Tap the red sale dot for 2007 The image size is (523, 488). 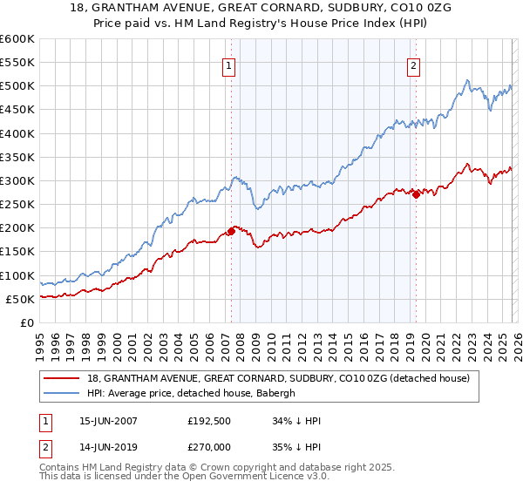(x=232, y=231)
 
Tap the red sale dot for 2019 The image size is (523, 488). (x=417, y=194)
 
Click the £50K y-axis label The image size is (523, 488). (x=20, y=299)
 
